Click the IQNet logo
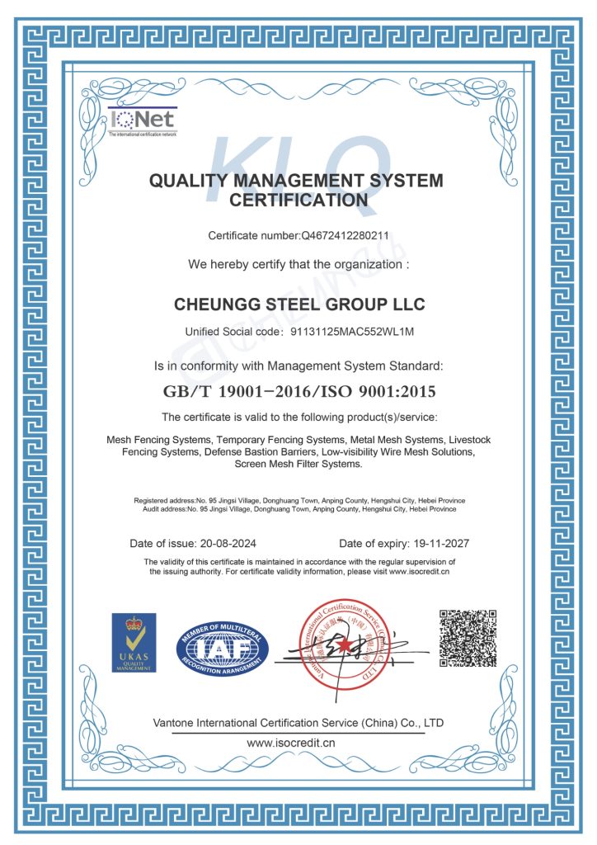pos(142,121)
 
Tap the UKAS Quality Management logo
pos(134,641)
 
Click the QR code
pos(468,638)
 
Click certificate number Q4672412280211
pos(346,235)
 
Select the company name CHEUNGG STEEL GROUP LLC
pos(299,304)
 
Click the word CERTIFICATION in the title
pos(298,200)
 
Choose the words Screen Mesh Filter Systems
pos(298,464)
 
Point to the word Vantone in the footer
pos(176,723)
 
